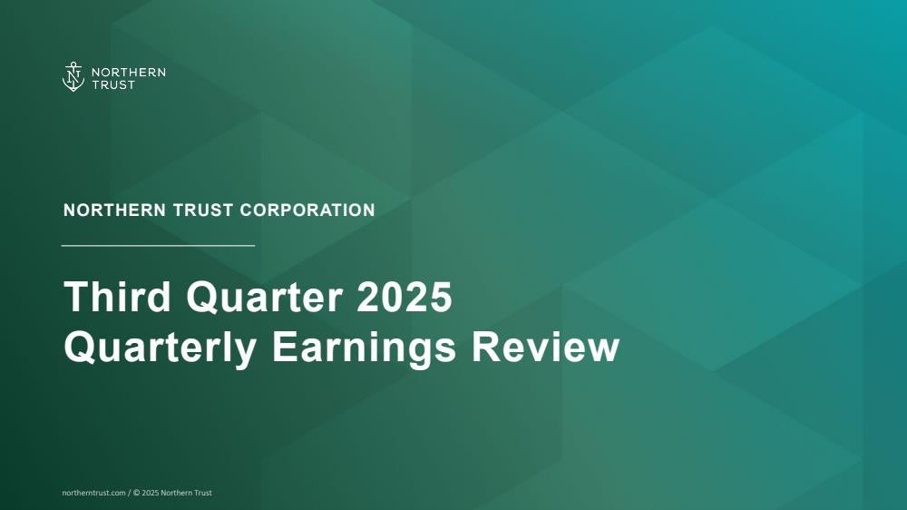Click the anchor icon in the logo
[x=73, y=77]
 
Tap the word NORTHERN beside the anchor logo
[x=129, y=73]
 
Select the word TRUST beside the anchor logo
[x=113, y=85]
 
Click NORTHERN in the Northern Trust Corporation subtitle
[x=115, y=211]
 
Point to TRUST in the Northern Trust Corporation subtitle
[x=203, y=211]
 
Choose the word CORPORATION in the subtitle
[x=307, y=211]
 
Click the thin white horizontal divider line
[x=158, y=245]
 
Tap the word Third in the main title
[x=117, y=297]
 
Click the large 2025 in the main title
[x=405, y=297]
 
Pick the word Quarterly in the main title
[x=161, y=348]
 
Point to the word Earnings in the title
[x=364, y=348]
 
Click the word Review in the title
[x=545, y=347]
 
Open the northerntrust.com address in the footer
[x=93, y=494]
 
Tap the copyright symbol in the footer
[x=137, y=494]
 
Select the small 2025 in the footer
[x=150, y=494]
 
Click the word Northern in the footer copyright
[x=173, y=494]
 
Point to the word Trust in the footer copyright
[x=200, y=494]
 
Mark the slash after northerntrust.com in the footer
[x=130, y=494]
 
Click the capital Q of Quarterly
[x=78, y=348]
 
